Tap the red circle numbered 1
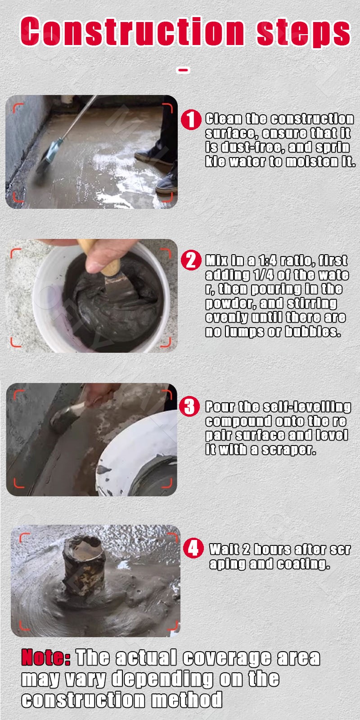click(x=190, y=120)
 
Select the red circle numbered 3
click(x=189, y=407)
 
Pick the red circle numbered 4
click(x=193, y=549)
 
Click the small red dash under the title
click(x=183, y=70)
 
